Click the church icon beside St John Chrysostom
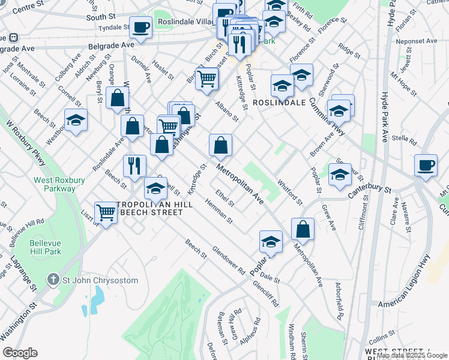pos(54,280)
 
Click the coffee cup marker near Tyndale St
pos(141,27)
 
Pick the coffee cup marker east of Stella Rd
pos(426,164)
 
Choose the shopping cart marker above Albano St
pos(206,77)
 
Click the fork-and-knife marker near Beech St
pos(134,166)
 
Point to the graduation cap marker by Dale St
pos(271,242)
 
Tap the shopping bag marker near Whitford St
pos(303,229)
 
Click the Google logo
pos(20,353)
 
